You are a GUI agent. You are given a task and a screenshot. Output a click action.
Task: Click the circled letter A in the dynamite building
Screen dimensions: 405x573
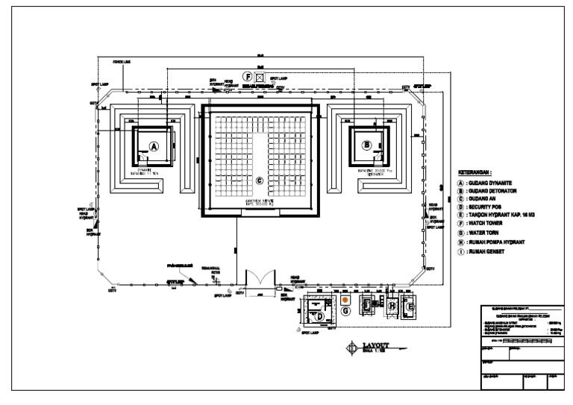pos(154,146)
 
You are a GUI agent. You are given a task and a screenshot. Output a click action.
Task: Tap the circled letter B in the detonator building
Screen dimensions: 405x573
pos(367,145)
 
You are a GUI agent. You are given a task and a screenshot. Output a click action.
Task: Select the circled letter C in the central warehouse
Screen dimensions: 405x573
pos(260,180)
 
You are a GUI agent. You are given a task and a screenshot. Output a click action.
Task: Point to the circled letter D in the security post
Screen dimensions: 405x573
pos(321,318)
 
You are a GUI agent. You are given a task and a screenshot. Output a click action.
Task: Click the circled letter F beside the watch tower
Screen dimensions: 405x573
pos(246,77)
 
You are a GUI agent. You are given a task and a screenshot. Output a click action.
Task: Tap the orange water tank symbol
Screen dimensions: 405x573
pos(345,301)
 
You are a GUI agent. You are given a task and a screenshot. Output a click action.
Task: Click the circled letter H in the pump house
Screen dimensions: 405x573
pos(392,305)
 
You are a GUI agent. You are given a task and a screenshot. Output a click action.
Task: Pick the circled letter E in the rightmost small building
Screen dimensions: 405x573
pos(410,306)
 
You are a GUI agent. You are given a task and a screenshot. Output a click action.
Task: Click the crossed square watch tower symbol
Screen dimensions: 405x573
pos(259,77)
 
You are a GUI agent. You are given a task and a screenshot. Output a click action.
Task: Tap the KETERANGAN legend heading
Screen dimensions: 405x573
pos(475,172)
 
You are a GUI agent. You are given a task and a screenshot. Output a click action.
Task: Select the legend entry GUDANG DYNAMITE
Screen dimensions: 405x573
pos(489,183)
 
